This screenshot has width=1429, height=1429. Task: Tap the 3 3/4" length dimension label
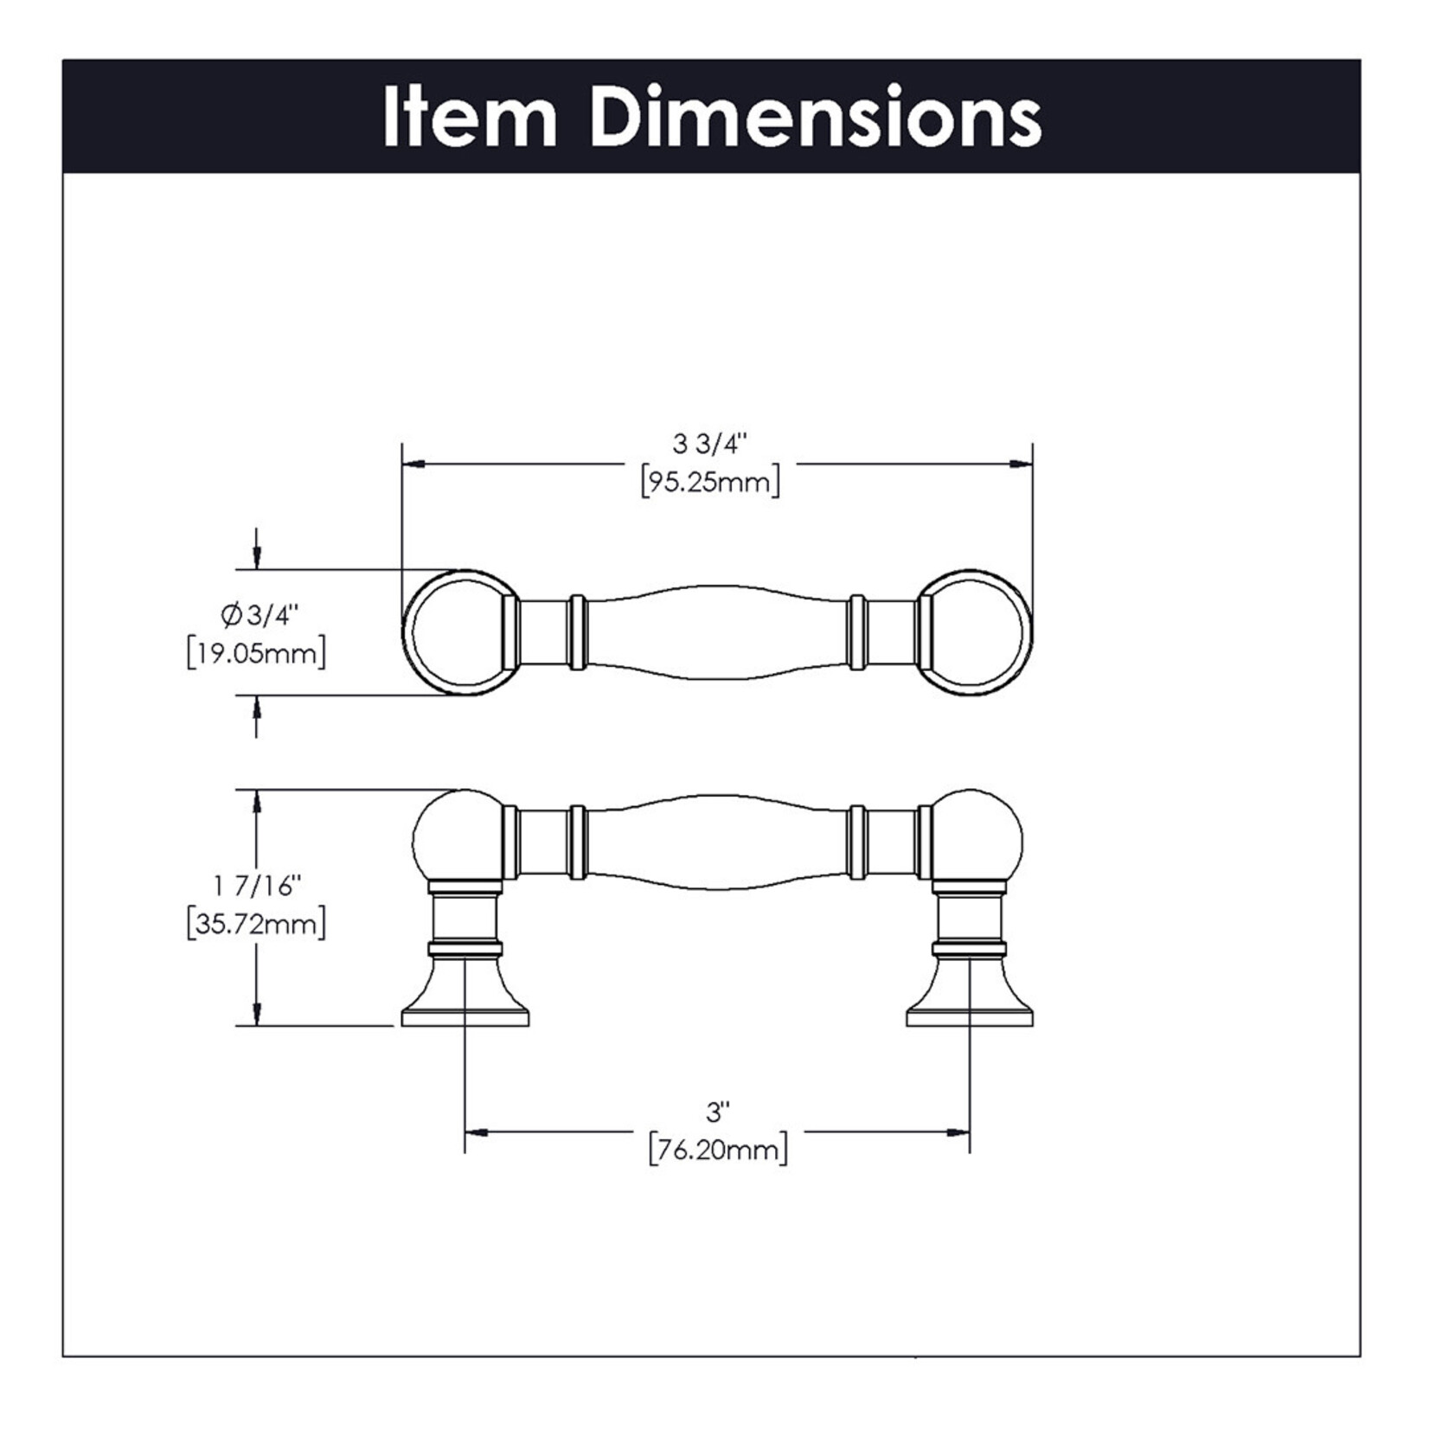pos(709,445)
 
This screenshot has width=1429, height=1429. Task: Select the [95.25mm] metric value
pos(710,482)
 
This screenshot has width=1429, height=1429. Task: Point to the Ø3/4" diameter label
pos(259,616)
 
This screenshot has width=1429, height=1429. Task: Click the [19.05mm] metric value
pos(257,653)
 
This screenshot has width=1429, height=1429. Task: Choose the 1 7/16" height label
pos(257,887)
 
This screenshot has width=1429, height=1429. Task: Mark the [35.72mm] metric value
pos(257,925)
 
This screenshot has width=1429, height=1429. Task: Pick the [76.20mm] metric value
pos(718,1150)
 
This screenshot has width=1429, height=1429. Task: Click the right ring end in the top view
pos(976,632)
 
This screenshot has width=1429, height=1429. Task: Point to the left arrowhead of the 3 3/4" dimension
pos(414,465)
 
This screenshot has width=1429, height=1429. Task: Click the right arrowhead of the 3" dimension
pos(958,1132)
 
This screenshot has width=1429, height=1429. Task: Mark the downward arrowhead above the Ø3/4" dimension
pos(256,559)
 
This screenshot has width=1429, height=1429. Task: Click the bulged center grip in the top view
pos(718,632)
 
